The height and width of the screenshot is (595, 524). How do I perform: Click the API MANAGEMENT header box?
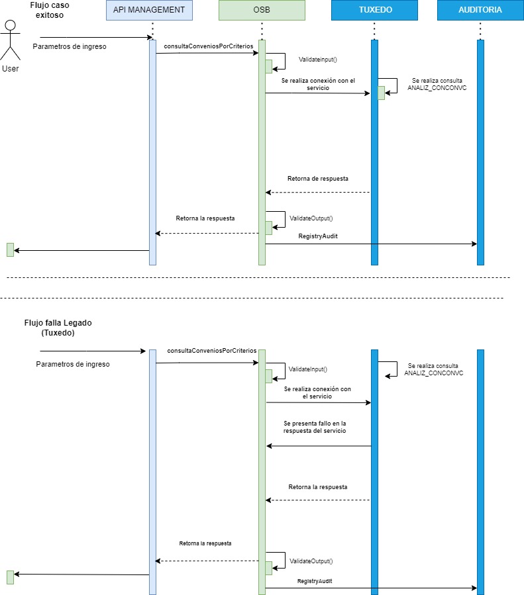tap(149, 10)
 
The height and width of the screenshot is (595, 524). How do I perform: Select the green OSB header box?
tap(262, 10)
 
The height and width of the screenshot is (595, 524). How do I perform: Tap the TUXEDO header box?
tap(374, 10)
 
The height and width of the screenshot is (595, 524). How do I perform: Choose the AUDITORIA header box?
tap(480, 10)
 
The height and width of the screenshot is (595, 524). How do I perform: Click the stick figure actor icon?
tap(10, 40)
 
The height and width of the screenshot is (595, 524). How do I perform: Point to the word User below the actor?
tap(11, 68)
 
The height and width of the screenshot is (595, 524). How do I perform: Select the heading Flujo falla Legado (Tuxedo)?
tap(58, 328)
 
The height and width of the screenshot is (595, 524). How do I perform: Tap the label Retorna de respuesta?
tap(318, 179)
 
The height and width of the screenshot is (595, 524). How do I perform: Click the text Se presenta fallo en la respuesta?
tap(315, 427)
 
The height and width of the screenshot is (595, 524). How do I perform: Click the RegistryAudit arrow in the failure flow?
tap(371, 588)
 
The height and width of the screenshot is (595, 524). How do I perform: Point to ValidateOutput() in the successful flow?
tap(311, 218)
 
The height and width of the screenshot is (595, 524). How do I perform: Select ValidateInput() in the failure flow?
tap(308, 369)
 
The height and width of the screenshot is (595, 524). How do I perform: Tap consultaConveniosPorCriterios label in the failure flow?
tap(211, 350)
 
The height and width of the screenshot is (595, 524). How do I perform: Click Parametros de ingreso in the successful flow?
tap(69, 46)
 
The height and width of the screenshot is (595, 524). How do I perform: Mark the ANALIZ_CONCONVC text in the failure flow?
tap(433, 373)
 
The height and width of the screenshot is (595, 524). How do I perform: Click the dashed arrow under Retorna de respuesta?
tap(318, 192)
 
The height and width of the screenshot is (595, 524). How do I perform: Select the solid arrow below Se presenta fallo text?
tap(319, 446)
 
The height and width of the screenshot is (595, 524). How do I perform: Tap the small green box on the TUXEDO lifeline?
tap(381, 93)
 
